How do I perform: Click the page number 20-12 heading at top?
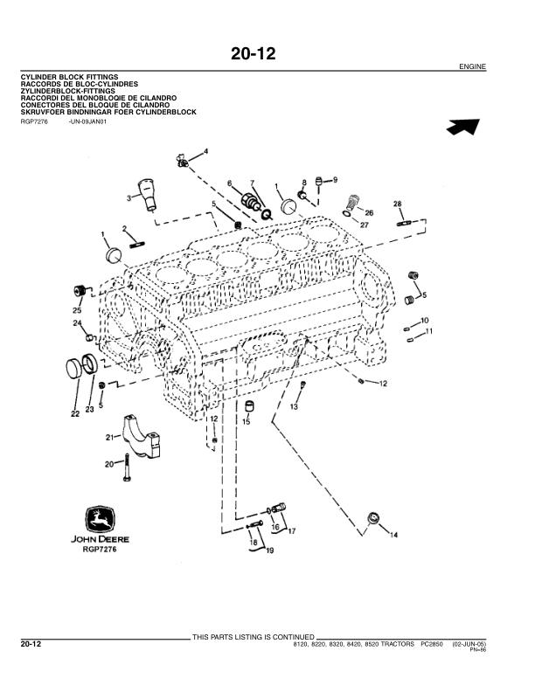(x=253, y=54)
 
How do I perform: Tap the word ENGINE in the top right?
(x=472, y=67)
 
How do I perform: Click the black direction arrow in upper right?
(x=463, y=127)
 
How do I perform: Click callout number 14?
(x=393, y=534)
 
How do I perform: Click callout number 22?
(x=75, y=413)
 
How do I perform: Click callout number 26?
(x=369, y=212)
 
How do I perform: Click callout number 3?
(x=129, y=198)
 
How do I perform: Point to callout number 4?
(x=206, y=152)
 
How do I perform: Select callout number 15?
(x=247, y=422)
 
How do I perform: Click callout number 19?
(x=269, y=550)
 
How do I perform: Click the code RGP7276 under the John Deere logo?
(x=100, y=550)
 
